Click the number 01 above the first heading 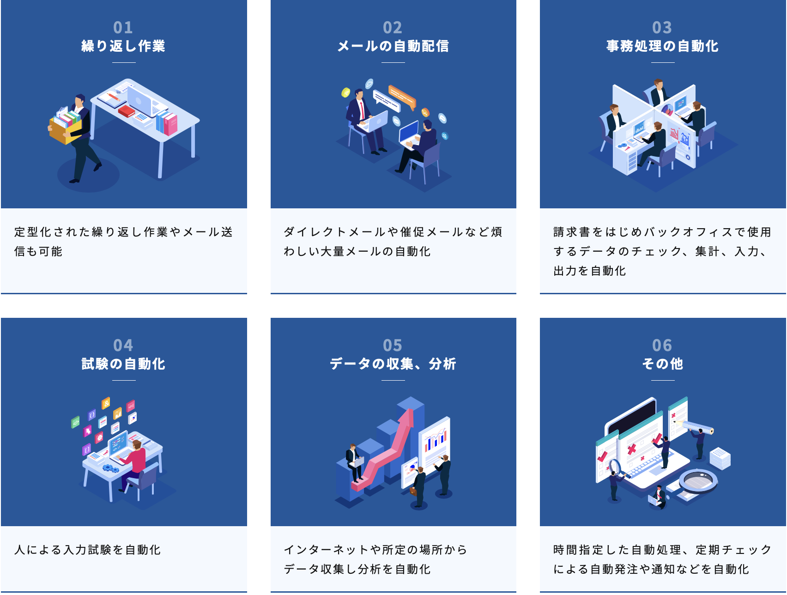point(123,28)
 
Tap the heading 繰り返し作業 point(123,46)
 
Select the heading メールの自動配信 point(393,46)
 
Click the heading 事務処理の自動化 point(662,46)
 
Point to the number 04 point(123,346)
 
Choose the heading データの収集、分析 point(393,364)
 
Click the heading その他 point(662,364)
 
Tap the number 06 point(662,346)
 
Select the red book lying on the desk point(126,111)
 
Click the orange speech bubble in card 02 point(402,95)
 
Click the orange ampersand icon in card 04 point(106,403)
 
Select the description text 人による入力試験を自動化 point(88,550)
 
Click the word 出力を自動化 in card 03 point(590,271)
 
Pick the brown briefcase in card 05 point(413,491)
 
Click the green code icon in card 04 point(75,422)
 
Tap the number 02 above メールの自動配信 point(393,28)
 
